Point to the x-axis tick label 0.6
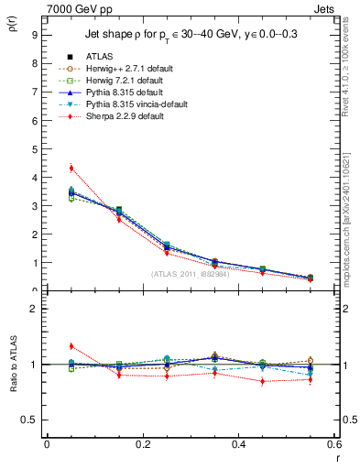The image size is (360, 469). click(333, 444)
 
